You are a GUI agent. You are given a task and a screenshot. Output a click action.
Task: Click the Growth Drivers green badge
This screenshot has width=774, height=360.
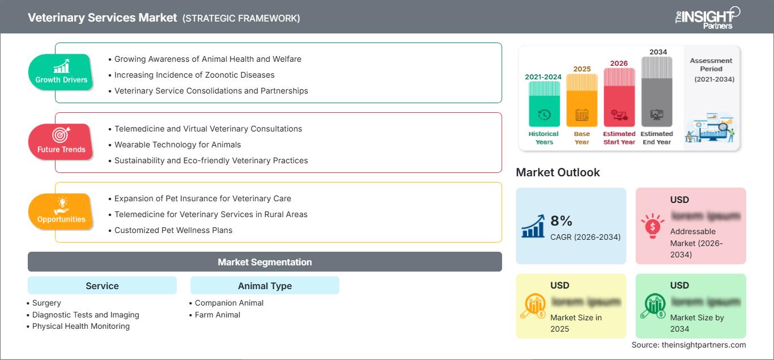pos(61,72)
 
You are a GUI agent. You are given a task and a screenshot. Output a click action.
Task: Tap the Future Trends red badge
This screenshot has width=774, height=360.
pos(61,142)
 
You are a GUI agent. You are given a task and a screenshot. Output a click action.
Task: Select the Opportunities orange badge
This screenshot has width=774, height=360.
pos(61,211)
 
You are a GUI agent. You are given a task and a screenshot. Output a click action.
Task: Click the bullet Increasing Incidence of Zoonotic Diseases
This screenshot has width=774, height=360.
pos(194,75)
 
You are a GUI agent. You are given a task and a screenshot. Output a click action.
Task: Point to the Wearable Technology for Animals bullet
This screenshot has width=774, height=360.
pos(177,145)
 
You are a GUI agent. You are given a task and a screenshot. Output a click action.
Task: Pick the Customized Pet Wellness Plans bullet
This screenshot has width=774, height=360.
pos(173,230)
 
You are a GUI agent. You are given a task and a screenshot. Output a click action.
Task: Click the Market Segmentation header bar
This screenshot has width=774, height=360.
pos(265,262)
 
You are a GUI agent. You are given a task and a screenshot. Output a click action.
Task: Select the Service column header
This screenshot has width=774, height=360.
pos(102,286)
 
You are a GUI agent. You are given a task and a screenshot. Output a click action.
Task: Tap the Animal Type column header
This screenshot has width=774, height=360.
pos(265,286)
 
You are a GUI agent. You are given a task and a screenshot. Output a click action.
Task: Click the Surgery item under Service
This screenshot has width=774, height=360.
pos(46,303)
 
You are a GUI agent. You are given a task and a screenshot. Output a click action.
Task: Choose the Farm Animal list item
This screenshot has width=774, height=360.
pos(218,315)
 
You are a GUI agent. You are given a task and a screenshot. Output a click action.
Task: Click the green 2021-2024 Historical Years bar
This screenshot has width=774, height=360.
pos(544,104)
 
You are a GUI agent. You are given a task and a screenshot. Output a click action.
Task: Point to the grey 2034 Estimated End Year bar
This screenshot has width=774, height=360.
pos(657,91)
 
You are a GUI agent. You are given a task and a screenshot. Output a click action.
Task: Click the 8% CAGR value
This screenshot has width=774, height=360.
pos(561,222)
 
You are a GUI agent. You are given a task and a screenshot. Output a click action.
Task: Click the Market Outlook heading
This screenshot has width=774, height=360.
pos(558,172)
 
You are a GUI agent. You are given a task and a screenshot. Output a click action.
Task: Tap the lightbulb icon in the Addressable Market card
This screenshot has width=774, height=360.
pos(653,226)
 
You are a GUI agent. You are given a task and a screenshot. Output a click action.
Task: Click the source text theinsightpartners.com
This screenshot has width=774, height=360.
pos(688,345)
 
